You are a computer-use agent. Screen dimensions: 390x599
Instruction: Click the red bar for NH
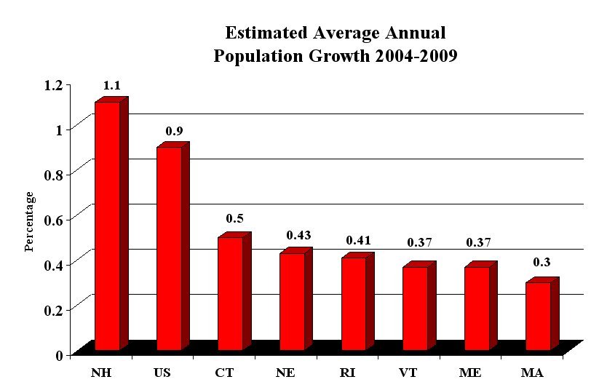coord(107,226)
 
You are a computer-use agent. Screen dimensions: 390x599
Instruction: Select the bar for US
coord(169,248)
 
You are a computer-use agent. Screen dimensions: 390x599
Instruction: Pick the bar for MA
coord(538,316)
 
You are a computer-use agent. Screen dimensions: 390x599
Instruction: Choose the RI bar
coord(353,303)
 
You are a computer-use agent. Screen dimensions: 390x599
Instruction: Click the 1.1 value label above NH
coord(112,86)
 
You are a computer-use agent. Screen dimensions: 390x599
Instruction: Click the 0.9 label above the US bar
coord(174,131)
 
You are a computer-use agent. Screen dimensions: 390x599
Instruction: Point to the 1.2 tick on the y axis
coord(53,84)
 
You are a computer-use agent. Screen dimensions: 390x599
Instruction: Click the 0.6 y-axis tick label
coord(53,219)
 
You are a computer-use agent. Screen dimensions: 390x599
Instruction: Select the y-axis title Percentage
coord(30,221)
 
